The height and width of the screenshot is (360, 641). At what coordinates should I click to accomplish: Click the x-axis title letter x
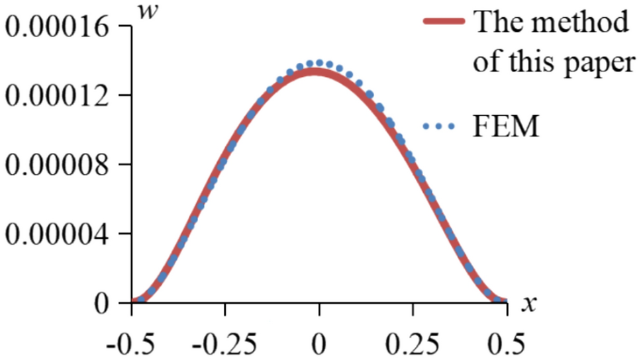coord(528,304)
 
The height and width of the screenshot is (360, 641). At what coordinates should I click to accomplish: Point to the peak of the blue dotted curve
coord(319,63)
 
